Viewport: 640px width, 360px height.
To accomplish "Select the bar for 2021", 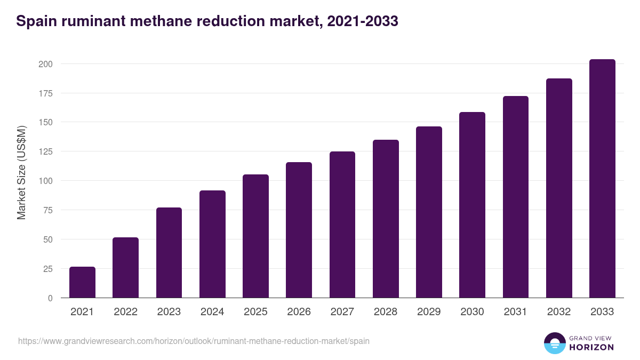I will point(82,282).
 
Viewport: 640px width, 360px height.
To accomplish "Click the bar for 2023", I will point(169,253).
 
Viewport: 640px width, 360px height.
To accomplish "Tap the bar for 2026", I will point(299,230).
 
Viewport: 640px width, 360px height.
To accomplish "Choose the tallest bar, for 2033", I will point(602,179).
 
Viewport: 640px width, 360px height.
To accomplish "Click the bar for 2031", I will point(515,197).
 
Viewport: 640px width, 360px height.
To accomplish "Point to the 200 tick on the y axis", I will point(45,64).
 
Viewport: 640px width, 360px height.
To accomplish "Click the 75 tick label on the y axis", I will point(47,210).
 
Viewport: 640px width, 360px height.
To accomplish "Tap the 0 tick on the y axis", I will point(50,298).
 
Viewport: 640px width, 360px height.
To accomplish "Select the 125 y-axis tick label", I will point(45,151).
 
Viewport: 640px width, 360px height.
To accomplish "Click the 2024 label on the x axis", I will point(212,312).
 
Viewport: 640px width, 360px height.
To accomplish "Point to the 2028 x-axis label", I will point(386,312).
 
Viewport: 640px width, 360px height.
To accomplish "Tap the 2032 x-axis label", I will point(559,312).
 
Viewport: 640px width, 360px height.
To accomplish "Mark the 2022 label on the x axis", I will point(125,312).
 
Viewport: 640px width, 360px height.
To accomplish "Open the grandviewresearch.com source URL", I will point(194,341).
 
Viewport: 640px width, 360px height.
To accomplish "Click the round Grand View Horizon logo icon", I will point(554,343).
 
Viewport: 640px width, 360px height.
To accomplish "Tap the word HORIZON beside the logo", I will point(591,347).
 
